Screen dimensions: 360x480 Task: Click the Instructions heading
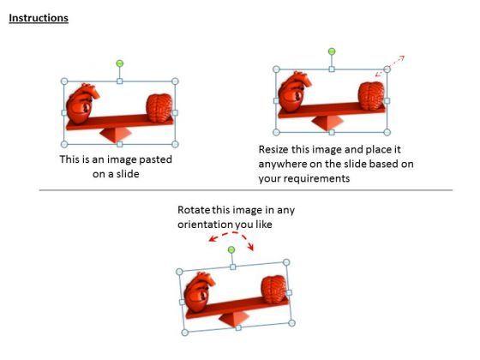point(39,18)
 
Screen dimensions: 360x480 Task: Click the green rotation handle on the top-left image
point(119,63)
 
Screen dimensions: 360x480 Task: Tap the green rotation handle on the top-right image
point(332,51)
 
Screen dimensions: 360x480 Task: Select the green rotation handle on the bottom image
point(231,249)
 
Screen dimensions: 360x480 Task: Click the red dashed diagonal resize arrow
point(393,65)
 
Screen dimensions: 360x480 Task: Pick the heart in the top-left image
point(83,106)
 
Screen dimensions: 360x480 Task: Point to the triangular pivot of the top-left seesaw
point(118,134)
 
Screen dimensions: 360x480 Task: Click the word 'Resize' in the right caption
point(275,148)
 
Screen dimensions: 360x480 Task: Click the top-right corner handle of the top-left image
point(175,82)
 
